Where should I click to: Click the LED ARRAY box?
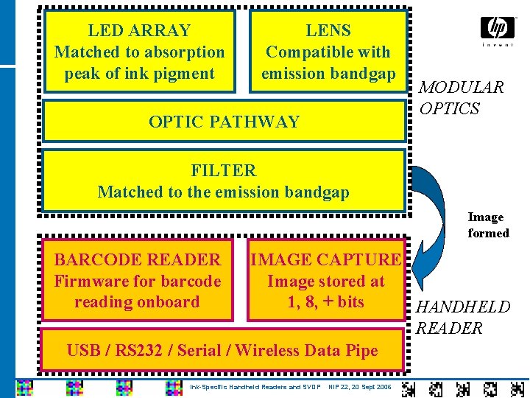pos(140,52)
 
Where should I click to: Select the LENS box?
pos(328,52)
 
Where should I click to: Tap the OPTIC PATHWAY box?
pos(225,122)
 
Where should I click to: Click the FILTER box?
pos(224,181)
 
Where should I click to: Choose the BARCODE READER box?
pos(138,280)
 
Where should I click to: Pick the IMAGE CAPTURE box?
pos(326,280)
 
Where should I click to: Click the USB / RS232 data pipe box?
pos(222,351)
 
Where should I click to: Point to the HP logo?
pos(498,29)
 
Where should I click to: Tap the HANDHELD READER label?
pos(463,318)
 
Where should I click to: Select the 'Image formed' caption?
pos(488,225)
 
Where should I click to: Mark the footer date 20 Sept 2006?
pos(370,387)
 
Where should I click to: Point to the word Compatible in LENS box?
pos(306,52)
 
